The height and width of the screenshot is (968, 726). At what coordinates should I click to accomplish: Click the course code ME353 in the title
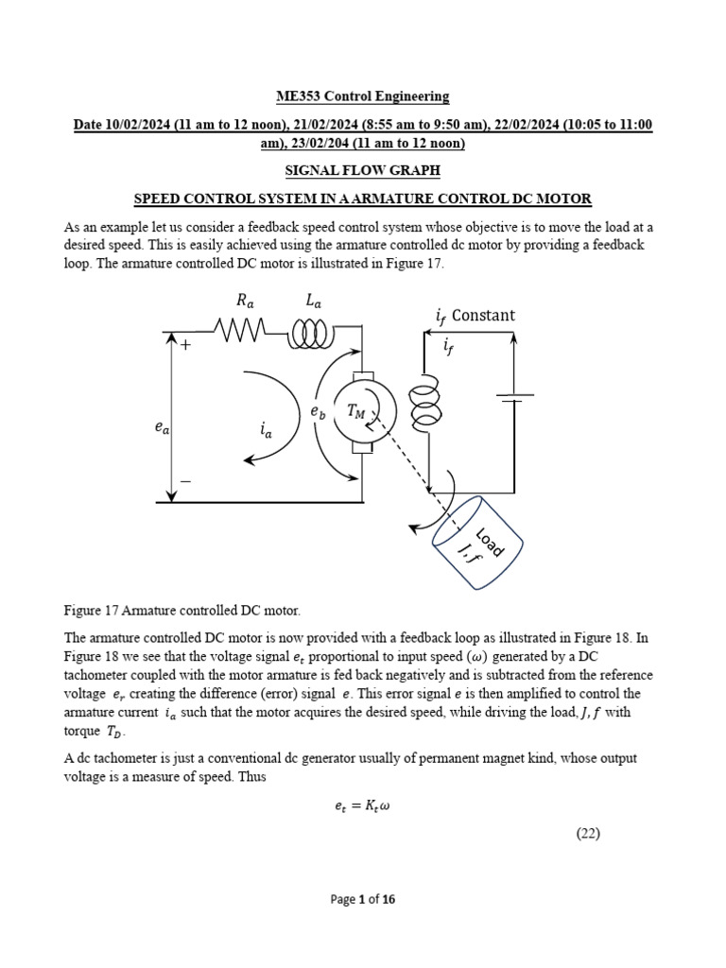tap(299, 96)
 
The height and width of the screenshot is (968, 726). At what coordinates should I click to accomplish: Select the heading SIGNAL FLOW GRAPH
tap(363, 171)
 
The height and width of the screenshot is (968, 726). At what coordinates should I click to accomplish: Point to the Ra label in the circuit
tap(246, 301)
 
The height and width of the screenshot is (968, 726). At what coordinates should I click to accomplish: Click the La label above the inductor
tap(313, 301)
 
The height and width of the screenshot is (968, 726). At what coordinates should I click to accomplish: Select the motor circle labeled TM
tap(360, 409)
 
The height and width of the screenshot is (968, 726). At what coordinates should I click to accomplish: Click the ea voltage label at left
tap(163, 428)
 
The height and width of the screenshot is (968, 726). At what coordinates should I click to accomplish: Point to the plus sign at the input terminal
tap(185, 346)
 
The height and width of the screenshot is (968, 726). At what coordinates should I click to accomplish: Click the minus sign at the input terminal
tap(185, 481)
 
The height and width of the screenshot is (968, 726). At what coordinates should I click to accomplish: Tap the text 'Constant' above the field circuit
tap(483, 315)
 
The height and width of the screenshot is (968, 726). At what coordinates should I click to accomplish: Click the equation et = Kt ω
tap(363, 806)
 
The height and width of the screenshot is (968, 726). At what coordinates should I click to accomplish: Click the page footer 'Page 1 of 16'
tap(363, 899)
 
